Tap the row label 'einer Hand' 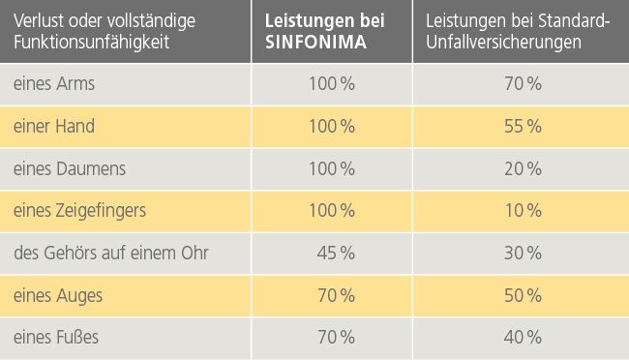click(x=54, y=126)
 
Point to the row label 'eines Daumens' click(x=70, y=168)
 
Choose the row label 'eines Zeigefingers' click(x=79, y=210)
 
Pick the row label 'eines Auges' click(x=58, y=294)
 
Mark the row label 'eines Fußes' click(x=56, y=337)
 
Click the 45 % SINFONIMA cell click(x=335, y=253)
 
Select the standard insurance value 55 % click(x=523, y=126)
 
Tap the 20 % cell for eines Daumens click(x=523, y=168)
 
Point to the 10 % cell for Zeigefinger click(x=523, y=210)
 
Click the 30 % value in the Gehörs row click(x=523, y=253)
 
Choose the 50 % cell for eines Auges click(x=523, y=294)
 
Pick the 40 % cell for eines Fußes click(x=523, y=337)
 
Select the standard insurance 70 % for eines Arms click(x=523, y=84)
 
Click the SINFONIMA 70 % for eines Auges click(x=335, y=294)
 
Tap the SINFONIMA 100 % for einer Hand click(x=331, y=126)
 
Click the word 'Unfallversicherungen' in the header click(x=503, y=43)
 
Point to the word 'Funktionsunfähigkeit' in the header click(x=86, y=43)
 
